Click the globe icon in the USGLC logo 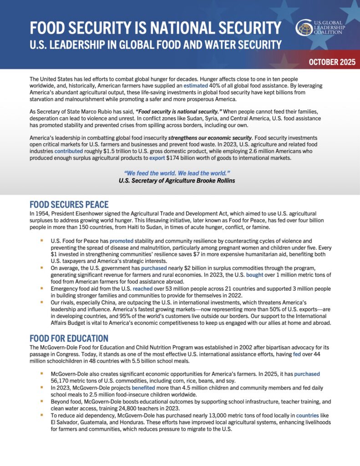(x=304, y=27)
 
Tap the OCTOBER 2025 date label (x=330, y=62)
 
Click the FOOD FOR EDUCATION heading (x=69, y=338)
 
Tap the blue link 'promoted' (x=122, y=240)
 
